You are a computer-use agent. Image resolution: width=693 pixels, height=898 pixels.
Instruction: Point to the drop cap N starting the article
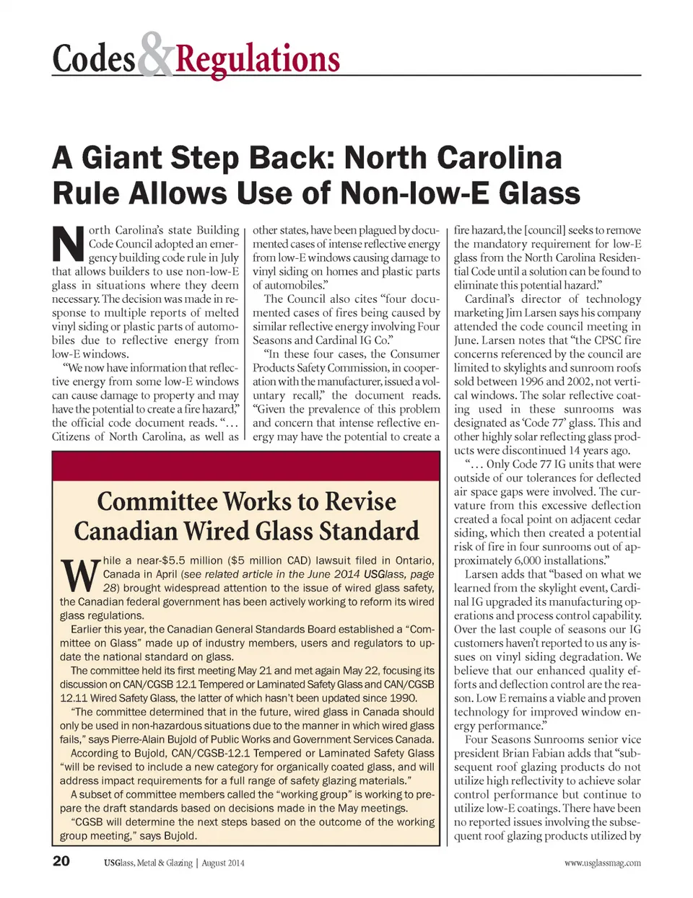[x=69, y=245]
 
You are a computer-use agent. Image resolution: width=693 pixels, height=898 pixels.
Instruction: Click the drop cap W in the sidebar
[x=79, y=574]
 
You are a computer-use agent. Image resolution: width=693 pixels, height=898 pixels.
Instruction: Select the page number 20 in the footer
[x=61, y=860]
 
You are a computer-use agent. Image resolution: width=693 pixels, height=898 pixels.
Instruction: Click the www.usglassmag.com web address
[x=603, y=863]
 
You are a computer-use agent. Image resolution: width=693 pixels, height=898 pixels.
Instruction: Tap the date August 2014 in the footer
[x=223, y=863]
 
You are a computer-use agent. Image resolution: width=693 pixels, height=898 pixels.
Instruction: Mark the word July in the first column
[x=230, y=257]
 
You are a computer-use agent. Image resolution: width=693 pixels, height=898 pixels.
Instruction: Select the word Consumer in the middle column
[x=415, y=354]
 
